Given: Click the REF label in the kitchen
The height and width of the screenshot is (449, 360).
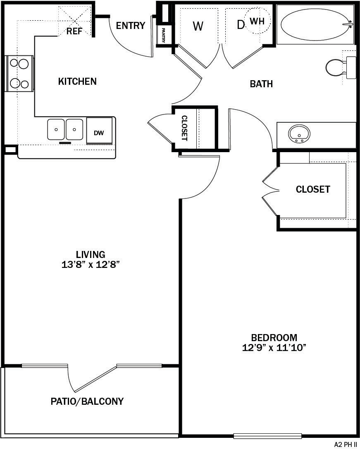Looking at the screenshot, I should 74,31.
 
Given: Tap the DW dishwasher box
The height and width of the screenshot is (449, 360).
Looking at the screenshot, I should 99,133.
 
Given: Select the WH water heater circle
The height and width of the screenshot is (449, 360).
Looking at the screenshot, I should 257,21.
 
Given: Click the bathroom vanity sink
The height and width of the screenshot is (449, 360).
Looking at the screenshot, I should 300,134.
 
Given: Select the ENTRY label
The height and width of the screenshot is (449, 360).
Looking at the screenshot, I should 131,26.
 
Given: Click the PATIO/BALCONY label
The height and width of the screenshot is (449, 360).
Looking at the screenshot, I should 87,401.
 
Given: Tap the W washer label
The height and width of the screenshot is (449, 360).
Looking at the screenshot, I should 198,26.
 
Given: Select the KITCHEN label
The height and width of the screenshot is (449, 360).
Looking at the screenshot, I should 77,81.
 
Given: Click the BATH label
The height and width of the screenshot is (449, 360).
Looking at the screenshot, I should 261,84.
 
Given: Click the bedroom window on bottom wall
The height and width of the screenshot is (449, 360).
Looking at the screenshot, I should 267,435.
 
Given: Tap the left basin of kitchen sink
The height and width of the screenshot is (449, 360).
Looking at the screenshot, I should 56,129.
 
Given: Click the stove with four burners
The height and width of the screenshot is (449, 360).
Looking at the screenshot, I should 19,74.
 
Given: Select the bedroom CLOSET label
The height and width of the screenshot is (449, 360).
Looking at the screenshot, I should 313,189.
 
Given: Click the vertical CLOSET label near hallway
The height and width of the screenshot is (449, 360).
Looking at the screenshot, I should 184,128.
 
